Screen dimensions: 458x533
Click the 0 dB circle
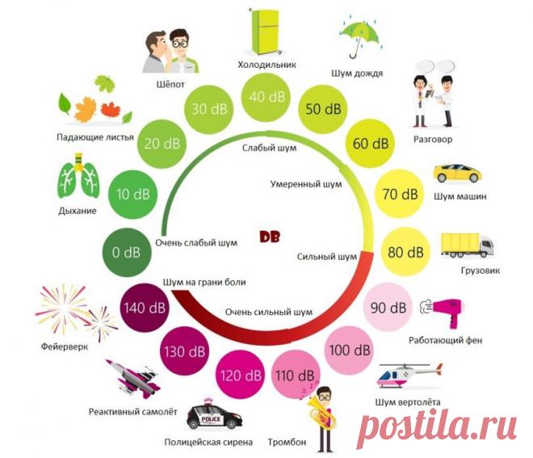[x=127, y=252]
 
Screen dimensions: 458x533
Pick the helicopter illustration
[x=413, y=372]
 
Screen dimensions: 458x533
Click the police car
[x=216, y=416]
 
